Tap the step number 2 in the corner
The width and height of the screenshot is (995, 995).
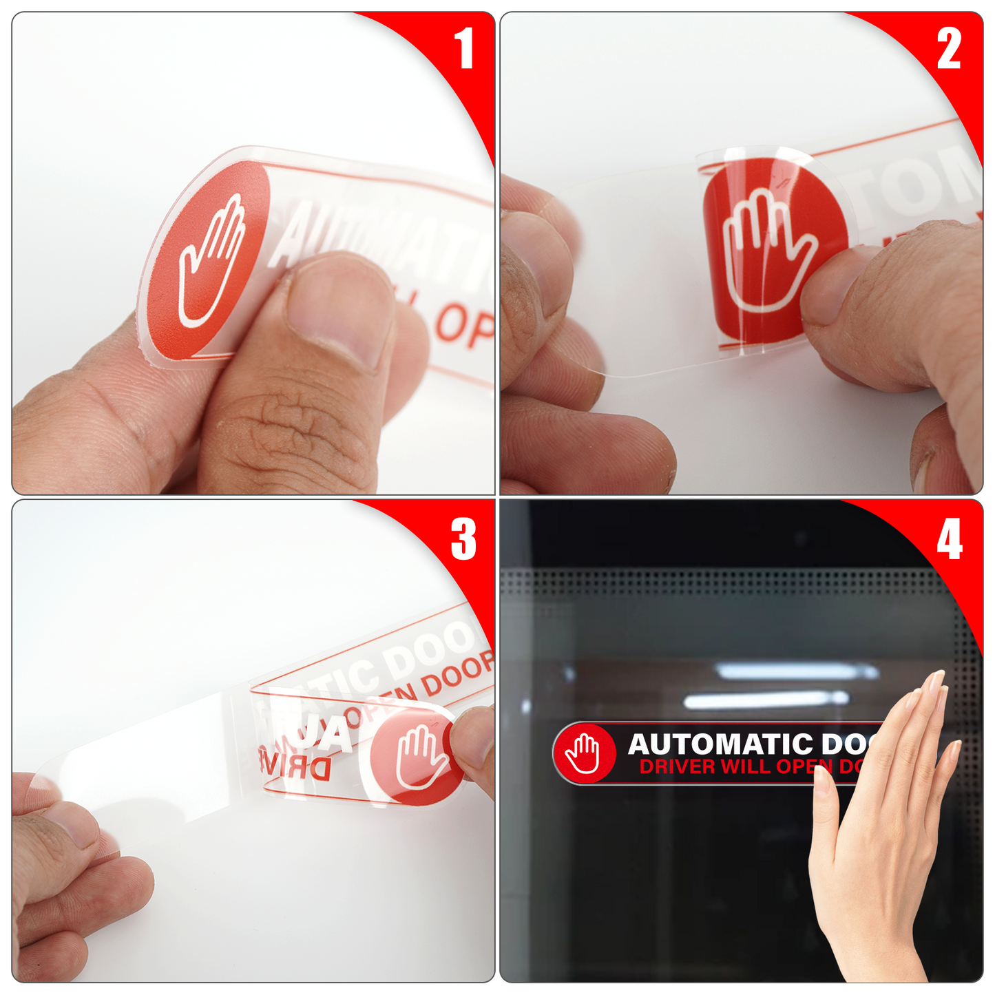949,49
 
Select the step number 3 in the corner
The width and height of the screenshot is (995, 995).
463,539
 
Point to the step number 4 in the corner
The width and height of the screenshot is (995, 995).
949,540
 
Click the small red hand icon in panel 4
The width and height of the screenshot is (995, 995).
584,753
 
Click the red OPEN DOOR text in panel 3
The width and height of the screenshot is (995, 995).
420,689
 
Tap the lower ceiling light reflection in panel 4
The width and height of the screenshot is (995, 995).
764,700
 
